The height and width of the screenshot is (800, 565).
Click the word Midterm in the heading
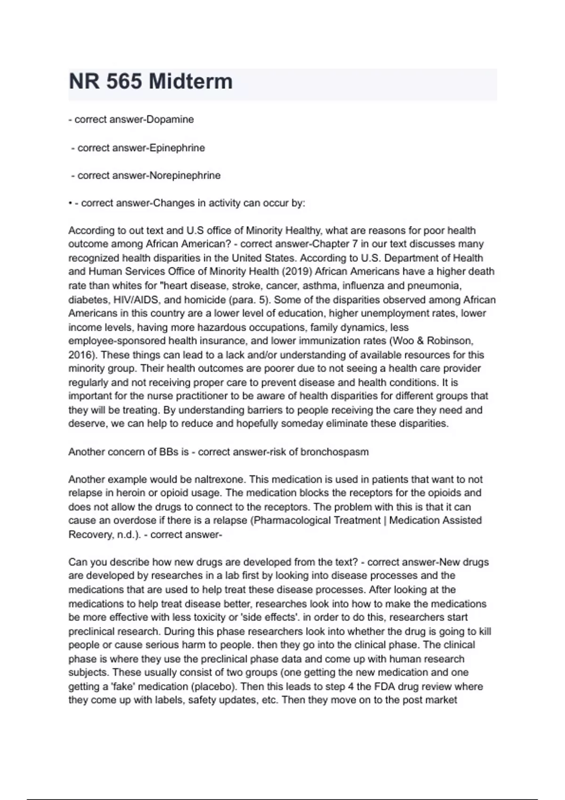(190, 81)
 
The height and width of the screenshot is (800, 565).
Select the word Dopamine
(170, 120)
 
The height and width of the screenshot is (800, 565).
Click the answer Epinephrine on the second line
(177, 148)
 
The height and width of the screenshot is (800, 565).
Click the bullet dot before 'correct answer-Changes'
(70, 204)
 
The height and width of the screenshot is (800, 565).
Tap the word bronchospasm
(335, 452)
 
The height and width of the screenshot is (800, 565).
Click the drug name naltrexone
(220, 480)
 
